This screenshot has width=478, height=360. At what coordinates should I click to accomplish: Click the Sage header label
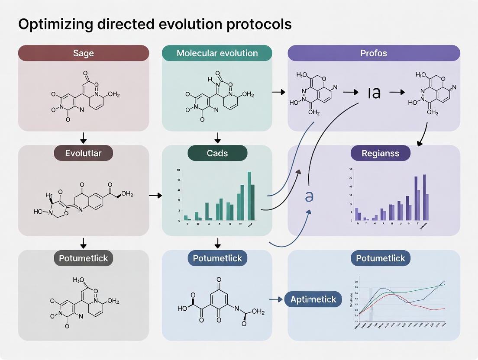(83, 53)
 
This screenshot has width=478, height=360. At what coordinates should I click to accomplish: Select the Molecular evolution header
(217, 53)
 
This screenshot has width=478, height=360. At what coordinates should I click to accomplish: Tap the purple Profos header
(374, 53)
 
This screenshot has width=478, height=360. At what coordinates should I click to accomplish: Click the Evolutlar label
(83, 153)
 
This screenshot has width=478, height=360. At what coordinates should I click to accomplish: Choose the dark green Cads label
(217, 153)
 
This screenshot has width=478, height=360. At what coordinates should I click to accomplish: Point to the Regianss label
(380, 153)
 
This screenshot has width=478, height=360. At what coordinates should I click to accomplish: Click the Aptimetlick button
(313, 299)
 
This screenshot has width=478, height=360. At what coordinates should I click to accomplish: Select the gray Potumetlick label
(83, 258)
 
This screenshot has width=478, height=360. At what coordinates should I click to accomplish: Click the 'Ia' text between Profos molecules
(374, 92)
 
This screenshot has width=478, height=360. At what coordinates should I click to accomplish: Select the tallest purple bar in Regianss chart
(424, 197)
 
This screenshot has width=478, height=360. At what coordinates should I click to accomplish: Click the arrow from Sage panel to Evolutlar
(84, 138)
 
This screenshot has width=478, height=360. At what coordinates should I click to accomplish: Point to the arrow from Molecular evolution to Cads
(217, 138)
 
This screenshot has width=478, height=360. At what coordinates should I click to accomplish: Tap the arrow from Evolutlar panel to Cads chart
(155, 196)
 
